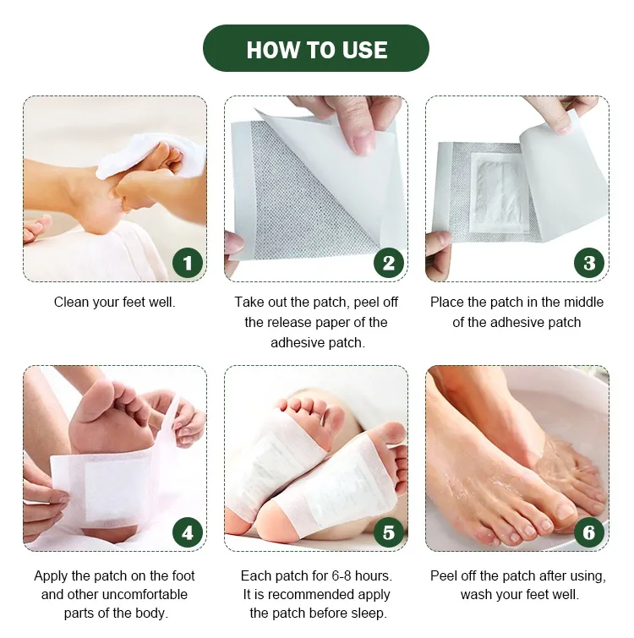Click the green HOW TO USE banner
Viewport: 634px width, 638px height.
316,48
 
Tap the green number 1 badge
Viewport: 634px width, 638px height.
188,263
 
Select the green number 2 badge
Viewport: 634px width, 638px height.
389,263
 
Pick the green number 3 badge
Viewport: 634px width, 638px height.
589,263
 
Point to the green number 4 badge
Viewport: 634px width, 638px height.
188,532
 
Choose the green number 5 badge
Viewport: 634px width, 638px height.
389,532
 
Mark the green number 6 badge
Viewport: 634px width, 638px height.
589,532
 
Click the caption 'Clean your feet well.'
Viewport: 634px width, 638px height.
114,303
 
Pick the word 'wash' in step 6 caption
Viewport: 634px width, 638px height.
475,594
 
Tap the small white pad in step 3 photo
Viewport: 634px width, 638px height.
500,193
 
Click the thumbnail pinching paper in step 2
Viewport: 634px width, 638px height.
363,144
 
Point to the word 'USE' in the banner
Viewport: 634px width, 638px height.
364,50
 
